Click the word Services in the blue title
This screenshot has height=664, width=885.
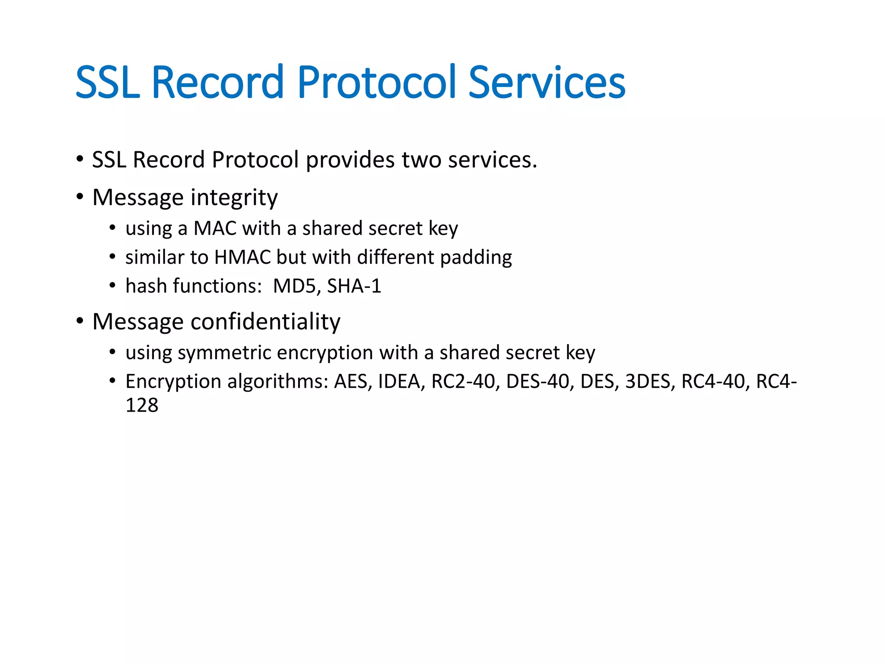pos(547,82)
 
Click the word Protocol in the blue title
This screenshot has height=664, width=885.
pos(376,82)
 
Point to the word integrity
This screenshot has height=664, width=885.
pos(234,198)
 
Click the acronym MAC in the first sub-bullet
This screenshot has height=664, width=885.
pos(215,228)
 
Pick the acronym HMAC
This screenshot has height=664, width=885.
pos(242,257)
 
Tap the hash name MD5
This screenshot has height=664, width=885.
pos(296,286)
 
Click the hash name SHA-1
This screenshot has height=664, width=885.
pos(354,286)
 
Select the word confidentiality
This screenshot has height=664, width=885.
pos(265,322)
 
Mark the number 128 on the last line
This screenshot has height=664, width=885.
pos(142,405)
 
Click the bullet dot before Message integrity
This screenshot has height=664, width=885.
pos(80,197)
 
